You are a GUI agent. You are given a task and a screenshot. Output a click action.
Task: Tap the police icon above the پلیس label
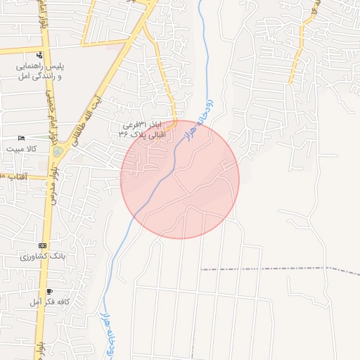pyautogui.click(x=39, y=54)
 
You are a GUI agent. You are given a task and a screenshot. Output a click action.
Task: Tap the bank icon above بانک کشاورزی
pyautogui.click(x=43, y=245)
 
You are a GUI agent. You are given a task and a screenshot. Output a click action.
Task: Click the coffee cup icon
pyautogui.click(x=49, y=291)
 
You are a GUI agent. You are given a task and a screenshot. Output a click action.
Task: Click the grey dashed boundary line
pyautogui.click(x=267, y=269)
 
